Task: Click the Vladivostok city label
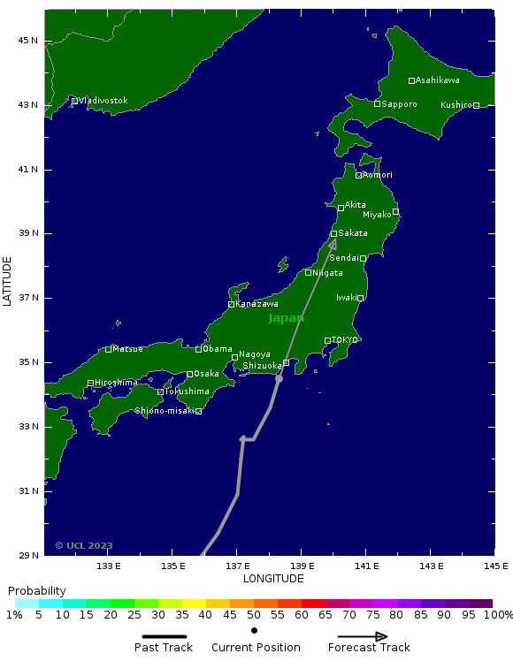click(103, 101)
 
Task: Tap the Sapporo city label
click(399, 104)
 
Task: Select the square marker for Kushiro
click(476, 106)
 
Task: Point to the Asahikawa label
click(437, 80)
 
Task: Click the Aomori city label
click(378, 175)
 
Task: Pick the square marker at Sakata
click(333, 234)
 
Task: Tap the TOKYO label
click(344, 340)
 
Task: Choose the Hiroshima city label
click(116, 383)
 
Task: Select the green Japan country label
click(286, 318)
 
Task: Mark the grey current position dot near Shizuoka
click(279, 379)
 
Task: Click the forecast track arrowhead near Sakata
click(333, 242)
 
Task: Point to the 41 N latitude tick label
click(29, 170)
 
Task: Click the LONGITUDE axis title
click(273, 579)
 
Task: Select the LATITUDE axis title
click(8, 282)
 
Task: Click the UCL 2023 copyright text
click(84, 546)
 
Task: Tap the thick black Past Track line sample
click(164, 636)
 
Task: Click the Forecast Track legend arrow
click(363, 636)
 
